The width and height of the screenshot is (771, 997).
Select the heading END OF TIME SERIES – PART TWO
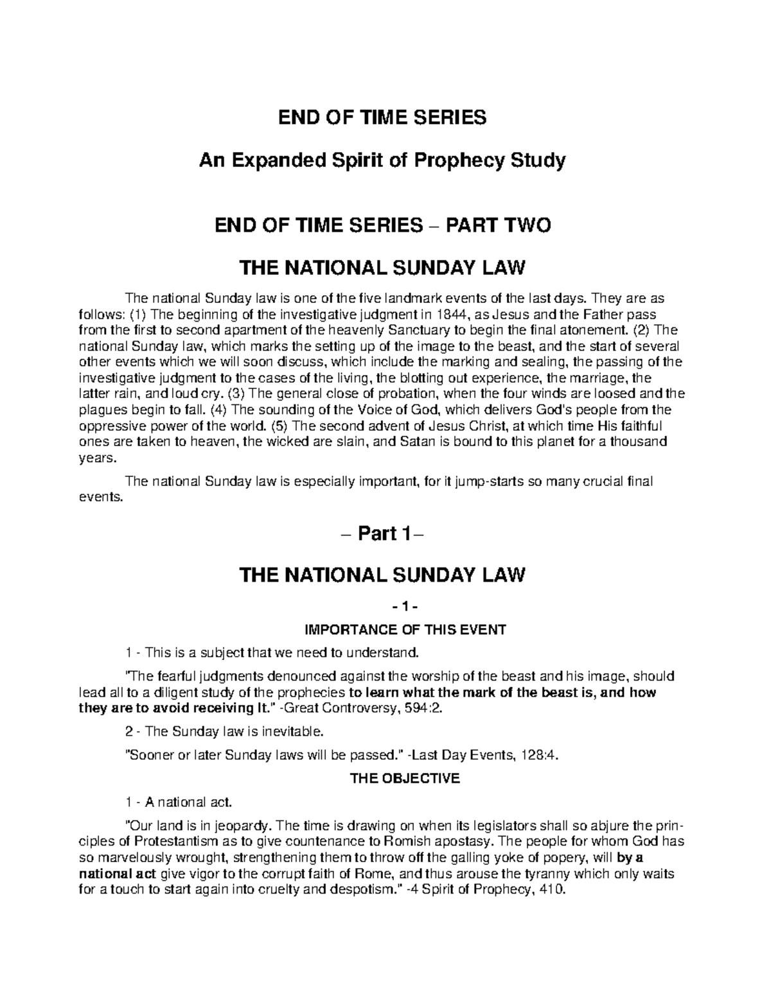click(x=383, y=226)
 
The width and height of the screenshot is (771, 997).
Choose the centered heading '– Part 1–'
click(x=383, y=533)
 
